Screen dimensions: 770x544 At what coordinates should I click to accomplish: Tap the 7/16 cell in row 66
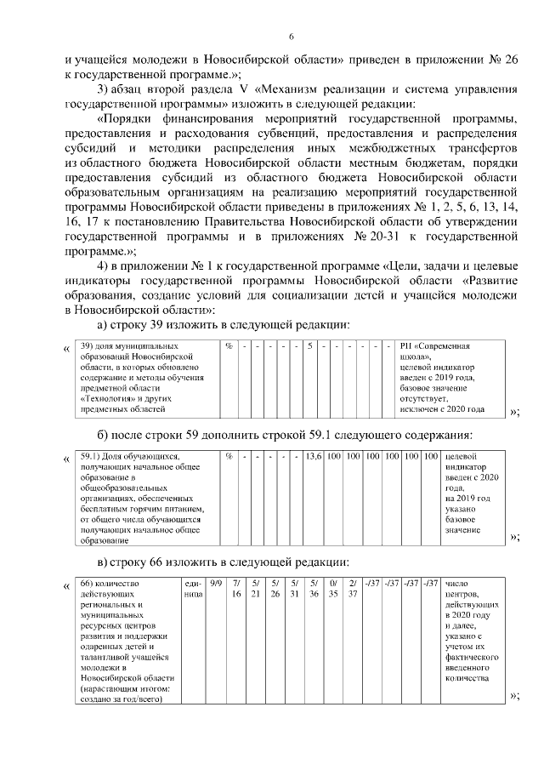point(237,589)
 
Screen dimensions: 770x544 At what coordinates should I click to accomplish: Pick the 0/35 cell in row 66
point(333,589)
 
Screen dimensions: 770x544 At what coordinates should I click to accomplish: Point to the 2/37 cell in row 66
point(353,589)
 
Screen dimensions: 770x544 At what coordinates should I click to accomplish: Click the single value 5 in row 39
point(311,347)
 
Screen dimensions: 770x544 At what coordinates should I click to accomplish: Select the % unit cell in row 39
point(229,347)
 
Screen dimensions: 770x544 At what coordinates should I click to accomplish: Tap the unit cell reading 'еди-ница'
point(192,589)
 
